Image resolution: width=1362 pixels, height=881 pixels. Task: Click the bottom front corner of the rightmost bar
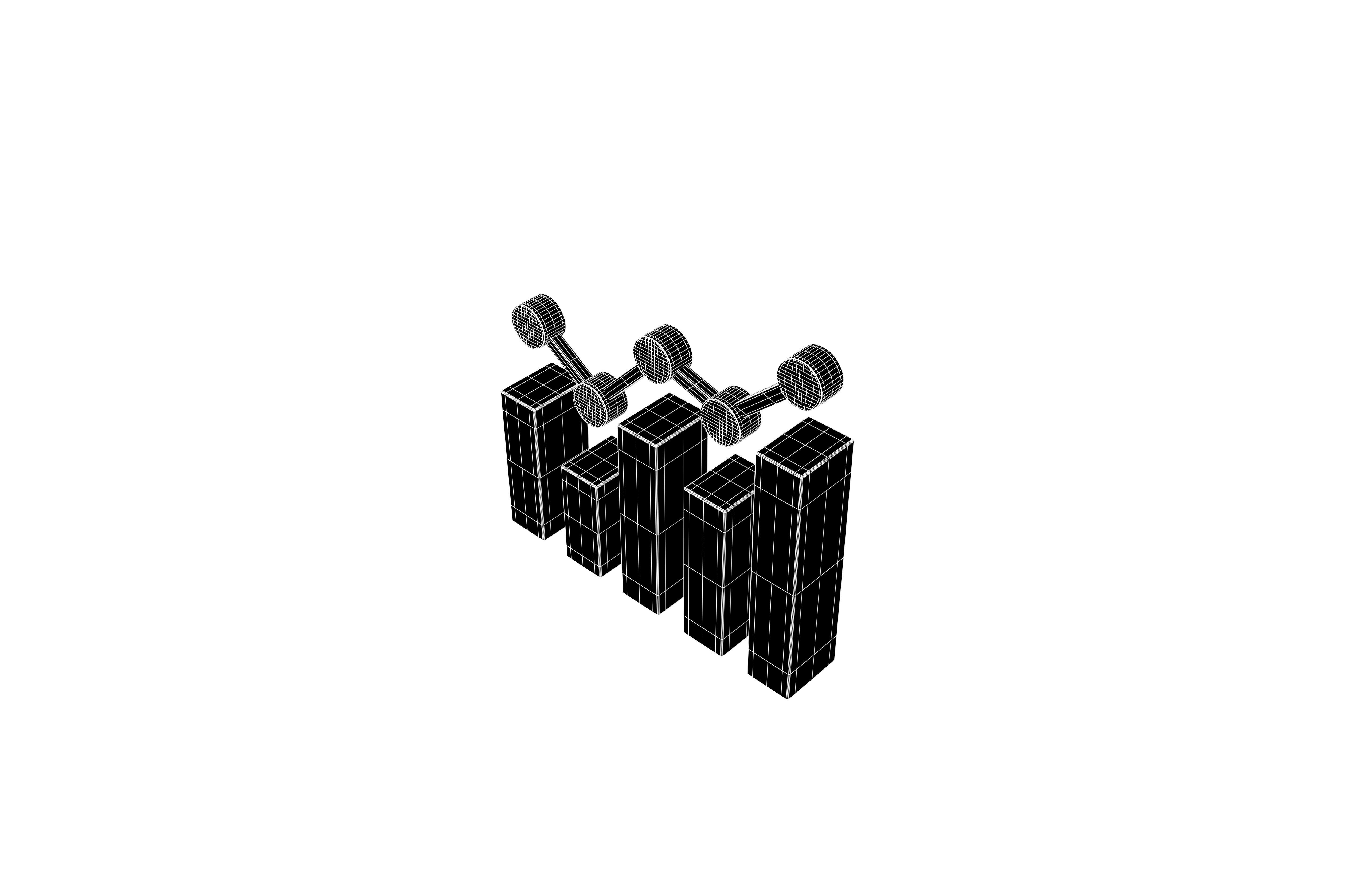pyautogui.click(x=788, y=699)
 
